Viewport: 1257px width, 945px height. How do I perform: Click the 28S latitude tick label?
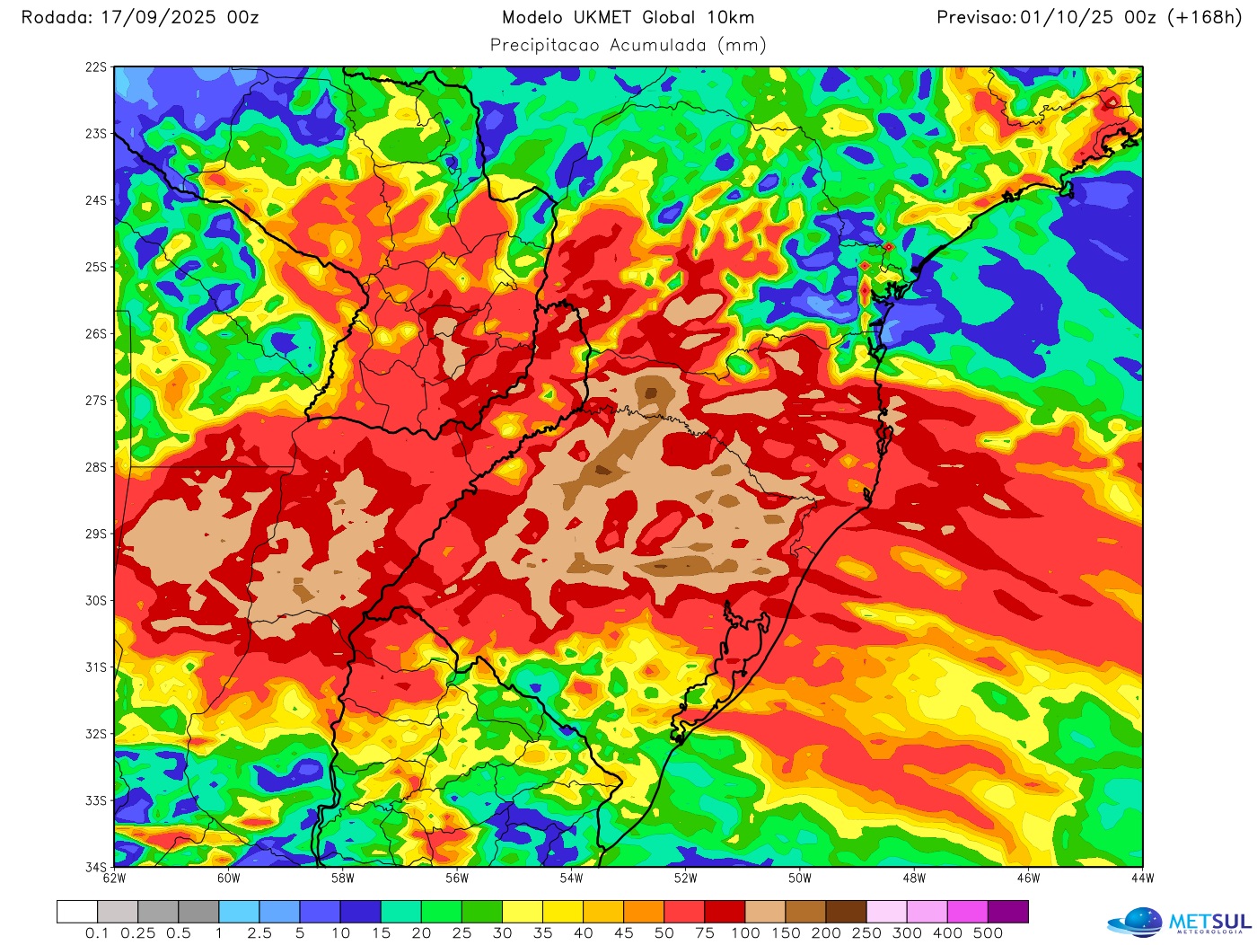tap(96, 467)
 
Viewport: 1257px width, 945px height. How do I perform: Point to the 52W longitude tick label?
tap(685, 879)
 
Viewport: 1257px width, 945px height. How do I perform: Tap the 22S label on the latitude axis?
tap(96, 67)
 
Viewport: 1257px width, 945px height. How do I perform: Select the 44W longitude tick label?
tap(1142, 879)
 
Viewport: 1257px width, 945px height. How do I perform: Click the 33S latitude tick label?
tap(96, 800)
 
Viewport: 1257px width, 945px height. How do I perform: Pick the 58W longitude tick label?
tap(342, 879)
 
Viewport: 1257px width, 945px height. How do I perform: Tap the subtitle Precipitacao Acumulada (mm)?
tap(628, 46)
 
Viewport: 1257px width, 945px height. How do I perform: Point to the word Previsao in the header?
tap(976, 18)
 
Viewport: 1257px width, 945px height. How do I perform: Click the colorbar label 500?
tap(988, 933)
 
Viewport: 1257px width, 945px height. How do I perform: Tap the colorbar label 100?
tap(745, 933)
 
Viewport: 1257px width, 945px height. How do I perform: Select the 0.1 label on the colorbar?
tap(97, 933)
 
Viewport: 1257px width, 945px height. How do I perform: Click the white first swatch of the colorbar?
tap(77, 912)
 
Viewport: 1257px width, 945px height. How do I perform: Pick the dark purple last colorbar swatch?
tap(1008, 912)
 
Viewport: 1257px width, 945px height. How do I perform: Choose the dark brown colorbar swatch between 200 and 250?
tap(847, 912)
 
